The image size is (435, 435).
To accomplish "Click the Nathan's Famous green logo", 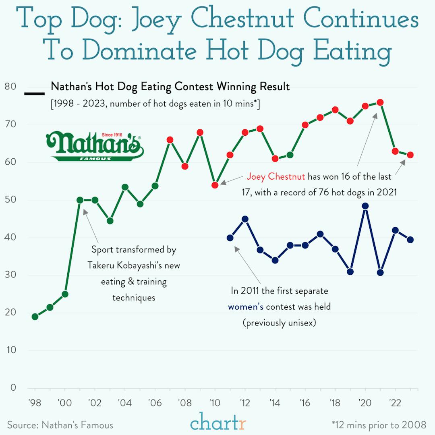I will click(95, 146).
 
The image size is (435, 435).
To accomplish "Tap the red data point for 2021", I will click(380, 102).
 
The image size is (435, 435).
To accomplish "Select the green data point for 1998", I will click(35, 317).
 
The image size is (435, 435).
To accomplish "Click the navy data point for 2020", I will click(365, 206).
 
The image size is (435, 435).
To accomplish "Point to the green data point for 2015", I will click(290, 155).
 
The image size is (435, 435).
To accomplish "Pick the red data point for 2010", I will click(215, 185).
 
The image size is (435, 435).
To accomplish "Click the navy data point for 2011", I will click(230, 238).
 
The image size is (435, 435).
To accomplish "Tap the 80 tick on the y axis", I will click(10, 87).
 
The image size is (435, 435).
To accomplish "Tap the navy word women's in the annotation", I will click(246, 307).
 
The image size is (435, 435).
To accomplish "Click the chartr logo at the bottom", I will click(217, 423).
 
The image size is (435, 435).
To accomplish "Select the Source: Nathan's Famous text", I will click(60, 425).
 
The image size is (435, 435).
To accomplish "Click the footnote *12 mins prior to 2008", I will click(379, 425).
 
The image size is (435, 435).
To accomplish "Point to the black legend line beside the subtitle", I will click(35, 94).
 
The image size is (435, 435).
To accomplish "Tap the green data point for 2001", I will click(80, 200).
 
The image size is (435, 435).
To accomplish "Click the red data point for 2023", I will click(410, 155).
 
